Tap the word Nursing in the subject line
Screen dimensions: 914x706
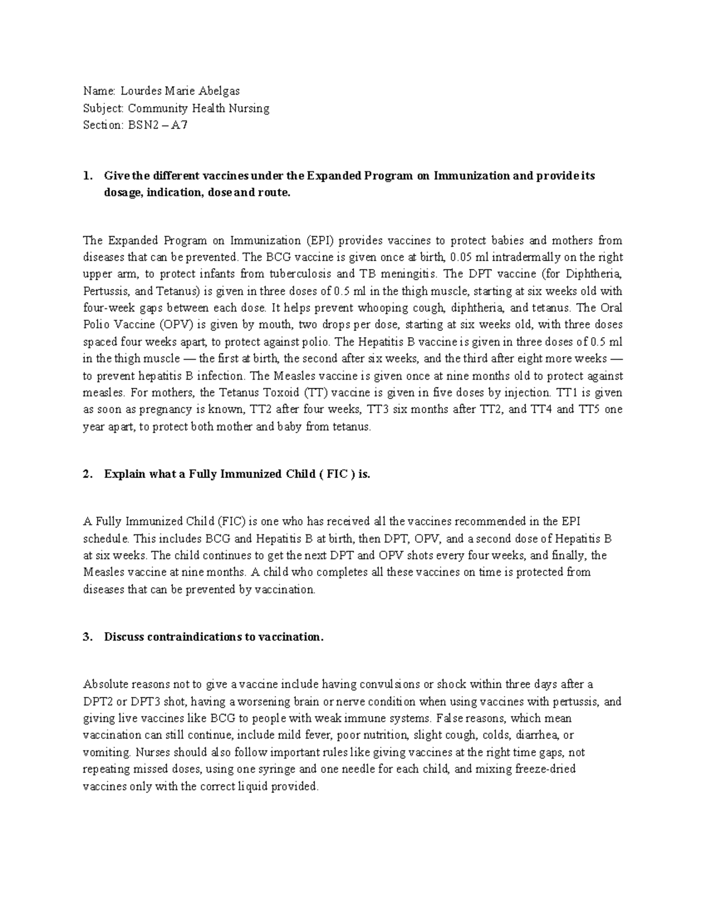click(249, 108)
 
